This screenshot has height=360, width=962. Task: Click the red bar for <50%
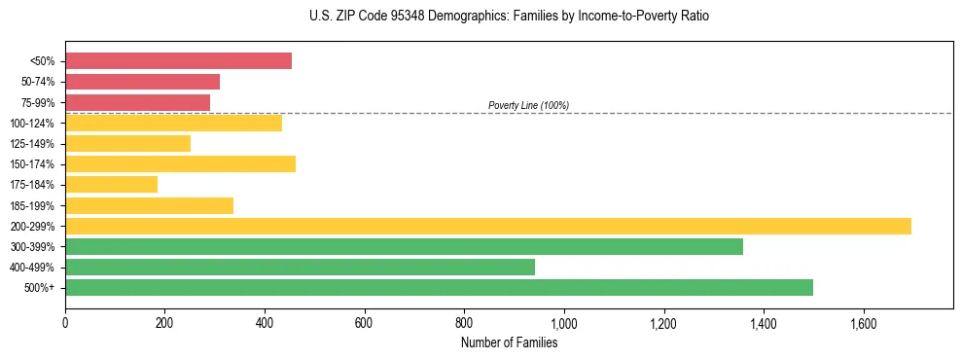pos(178,60)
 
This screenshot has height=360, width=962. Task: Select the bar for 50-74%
pos(142,82)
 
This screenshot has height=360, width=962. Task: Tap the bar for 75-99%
pos(137,102)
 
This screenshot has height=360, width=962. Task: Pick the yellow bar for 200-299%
pos(487,226)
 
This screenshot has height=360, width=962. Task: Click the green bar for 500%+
pos(439,287)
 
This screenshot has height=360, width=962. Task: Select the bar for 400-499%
pos(300,267)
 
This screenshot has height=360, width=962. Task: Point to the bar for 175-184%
pos(111,184)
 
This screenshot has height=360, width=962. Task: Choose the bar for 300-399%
pos(404,246)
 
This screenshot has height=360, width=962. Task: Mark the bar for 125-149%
pos(127,143)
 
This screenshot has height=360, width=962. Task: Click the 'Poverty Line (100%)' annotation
pos(528,105)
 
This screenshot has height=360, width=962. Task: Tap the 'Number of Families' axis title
pos(509,342)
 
